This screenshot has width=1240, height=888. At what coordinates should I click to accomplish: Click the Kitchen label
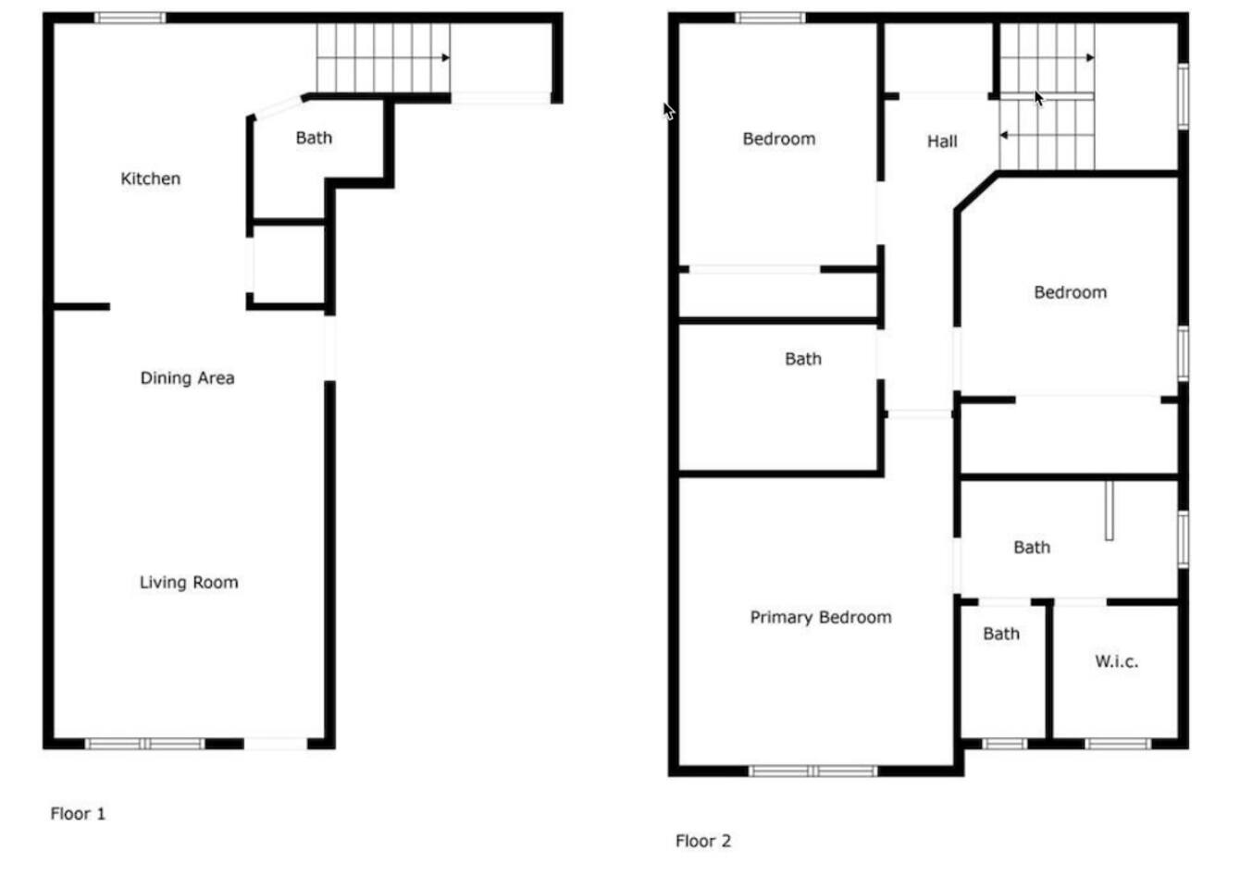[151, 179]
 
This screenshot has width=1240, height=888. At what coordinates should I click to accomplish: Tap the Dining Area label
[187, 378]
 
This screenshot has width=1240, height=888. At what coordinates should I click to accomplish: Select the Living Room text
[189, 582]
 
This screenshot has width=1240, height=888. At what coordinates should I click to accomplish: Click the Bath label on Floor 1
[314, 138]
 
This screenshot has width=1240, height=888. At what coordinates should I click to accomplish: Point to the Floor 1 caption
[78, 813]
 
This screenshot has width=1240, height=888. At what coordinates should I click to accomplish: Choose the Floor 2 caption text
[703, 841]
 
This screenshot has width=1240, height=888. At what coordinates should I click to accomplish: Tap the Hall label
[942, 142]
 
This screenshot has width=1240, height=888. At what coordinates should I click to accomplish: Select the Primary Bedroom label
[821, 617]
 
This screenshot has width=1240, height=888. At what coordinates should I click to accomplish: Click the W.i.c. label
[1117, 661]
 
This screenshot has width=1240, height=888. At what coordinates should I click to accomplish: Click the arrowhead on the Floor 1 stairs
[446, 57]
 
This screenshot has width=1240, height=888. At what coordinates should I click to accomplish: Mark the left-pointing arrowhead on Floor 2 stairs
[1003, 135]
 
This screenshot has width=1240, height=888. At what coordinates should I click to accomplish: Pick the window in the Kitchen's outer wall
[130, 18]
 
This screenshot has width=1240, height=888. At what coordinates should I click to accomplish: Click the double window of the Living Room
[144, 744]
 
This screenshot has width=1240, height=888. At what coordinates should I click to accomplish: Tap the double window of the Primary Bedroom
[813, 771]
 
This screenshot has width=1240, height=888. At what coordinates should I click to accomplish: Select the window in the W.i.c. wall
[1118, 744]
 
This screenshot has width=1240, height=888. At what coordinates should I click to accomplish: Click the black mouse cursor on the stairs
[1039, 98]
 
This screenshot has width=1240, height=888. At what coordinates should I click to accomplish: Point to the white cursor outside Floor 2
[669, 111]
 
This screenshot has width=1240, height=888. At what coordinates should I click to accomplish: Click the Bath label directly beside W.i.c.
[1001, 634]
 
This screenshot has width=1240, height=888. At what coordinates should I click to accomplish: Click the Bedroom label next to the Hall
[779, 139]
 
